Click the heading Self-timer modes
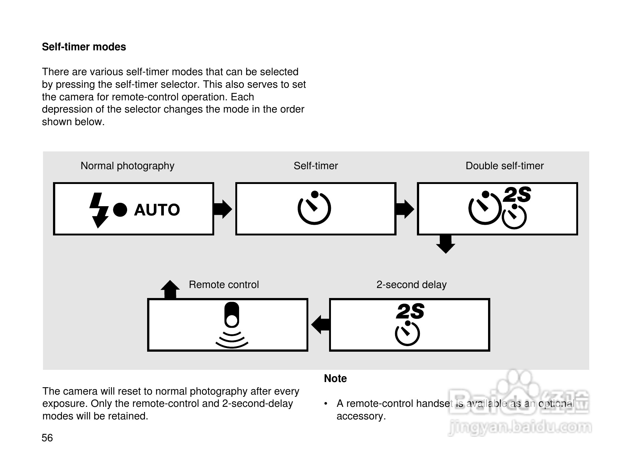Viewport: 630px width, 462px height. click(x=84, y=47)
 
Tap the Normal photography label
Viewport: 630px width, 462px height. click(x=127, y=166)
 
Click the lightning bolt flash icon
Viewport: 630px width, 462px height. click(x=99, y=210)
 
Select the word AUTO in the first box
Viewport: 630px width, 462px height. click(x=157, y=210)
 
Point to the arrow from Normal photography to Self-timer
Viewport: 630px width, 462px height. click(x=223, y=209)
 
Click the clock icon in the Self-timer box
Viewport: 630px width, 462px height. click(x=314, y=208)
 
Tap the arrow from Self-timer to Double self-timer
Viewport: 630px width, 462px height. click(x=405, y=209)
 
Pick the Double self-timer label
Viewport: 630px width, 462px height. click(x=505, y=166)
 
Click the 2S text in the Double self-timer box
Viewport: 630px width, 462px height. click(x=517, y=194)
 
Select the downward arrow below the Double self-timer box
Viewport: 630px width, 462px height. click(x=445, y=244)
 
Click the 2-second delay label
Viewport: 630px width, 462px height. click(x=411, y=285)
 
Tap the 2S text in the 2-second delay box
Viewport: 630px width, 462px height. click(x=410, y=311)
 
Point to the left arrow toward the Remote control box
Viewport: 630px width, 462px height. click(x=321, y=325)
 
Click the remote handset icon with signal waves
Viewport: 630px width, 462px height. click(x=232, y=325)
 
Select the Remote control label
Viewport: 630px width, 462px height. click(x=223, y=285)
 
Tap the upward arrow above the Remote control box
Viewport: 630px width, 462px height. click(x=170, y=289)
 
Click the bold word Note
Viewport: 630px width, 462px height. click(x=335, y=379)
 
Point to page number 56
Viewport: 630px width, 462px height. click(x=47, y=438)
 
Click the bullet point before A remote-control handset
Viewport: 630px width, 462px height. click(x=326, y=404)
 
